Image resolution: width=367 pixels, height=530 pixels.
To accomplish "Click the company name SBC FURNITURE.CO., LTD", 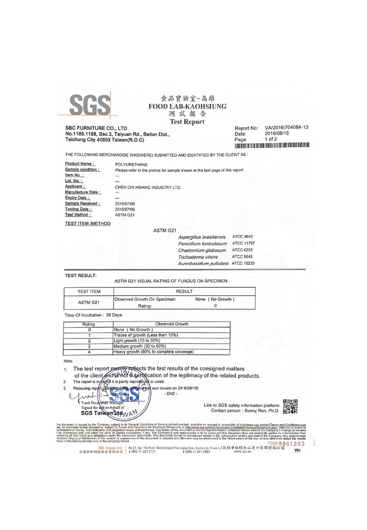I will (96, 128).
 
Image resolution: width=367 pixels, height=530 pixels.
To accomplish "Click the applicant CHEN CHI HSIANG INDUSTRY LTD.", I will (148, 187).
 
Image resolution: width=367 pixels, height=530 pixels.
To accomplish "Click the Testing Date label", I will (78, 209).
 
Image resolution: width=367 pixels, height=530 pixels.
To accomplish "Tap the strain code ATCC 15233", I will (243, 263).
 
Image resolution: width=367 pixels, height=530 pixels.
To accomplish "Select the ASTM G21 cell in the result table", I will (88, 302).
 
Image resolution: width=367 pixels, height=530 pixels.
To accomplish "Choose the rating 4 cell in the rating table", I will (89, 352).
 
